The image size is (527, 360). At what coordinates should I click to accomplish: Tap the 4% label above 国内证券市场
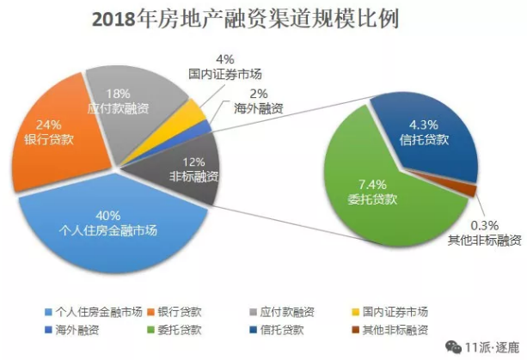225,58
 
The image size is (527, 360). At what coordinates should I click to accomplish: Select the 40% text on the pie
108,216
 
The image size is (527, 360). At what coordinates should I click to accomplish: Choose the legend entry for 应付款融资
280,311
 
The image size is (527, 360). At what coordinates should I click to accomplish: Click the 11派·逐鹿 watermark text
486,346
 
